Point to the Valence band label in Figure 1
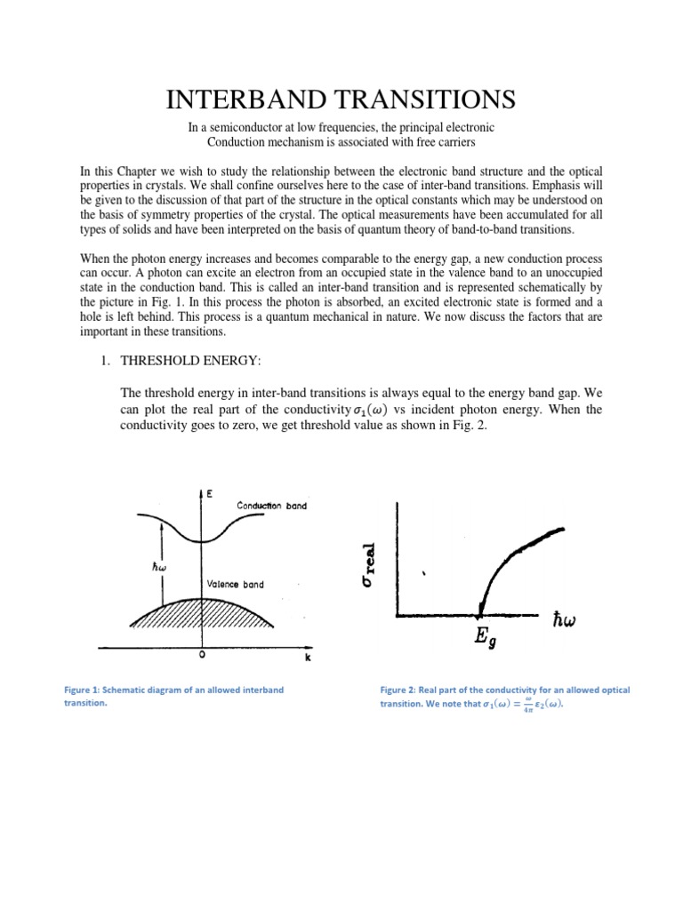(235, 584)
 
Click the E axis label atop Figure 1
(210, 491)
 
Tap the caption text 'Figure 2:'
(402, 690)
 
